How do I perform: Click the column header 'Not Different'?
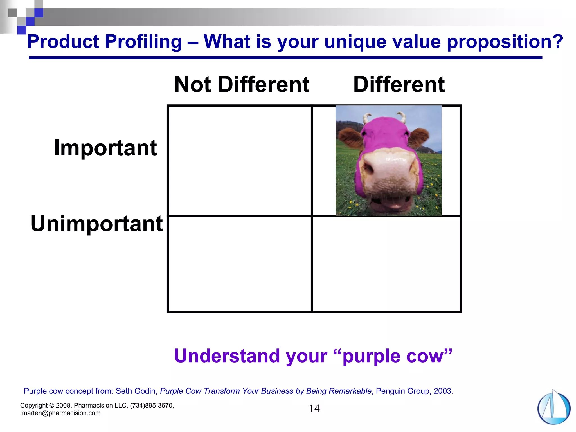coord(242,84)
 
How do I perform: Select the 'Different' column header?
coord(399,84)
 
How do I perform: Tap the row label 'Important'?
coord(105,148)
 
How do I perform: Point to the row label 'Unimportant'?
coord(96,224)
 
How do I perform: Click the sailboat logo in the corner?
coord(553,408)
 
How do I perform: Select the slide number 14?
coord(314,409)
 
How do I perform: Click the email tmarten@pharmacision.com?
coord(60,413)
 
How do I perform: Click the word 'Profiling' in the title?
coord(143,42)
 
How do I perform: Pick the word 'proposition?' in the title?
coord(505,42)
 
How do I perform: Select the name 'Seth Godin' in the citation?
coord(136,391)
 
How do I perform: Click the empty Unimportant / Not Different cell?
coord(240,264)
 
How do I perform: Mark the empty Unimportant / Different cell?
coord(386,264)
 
